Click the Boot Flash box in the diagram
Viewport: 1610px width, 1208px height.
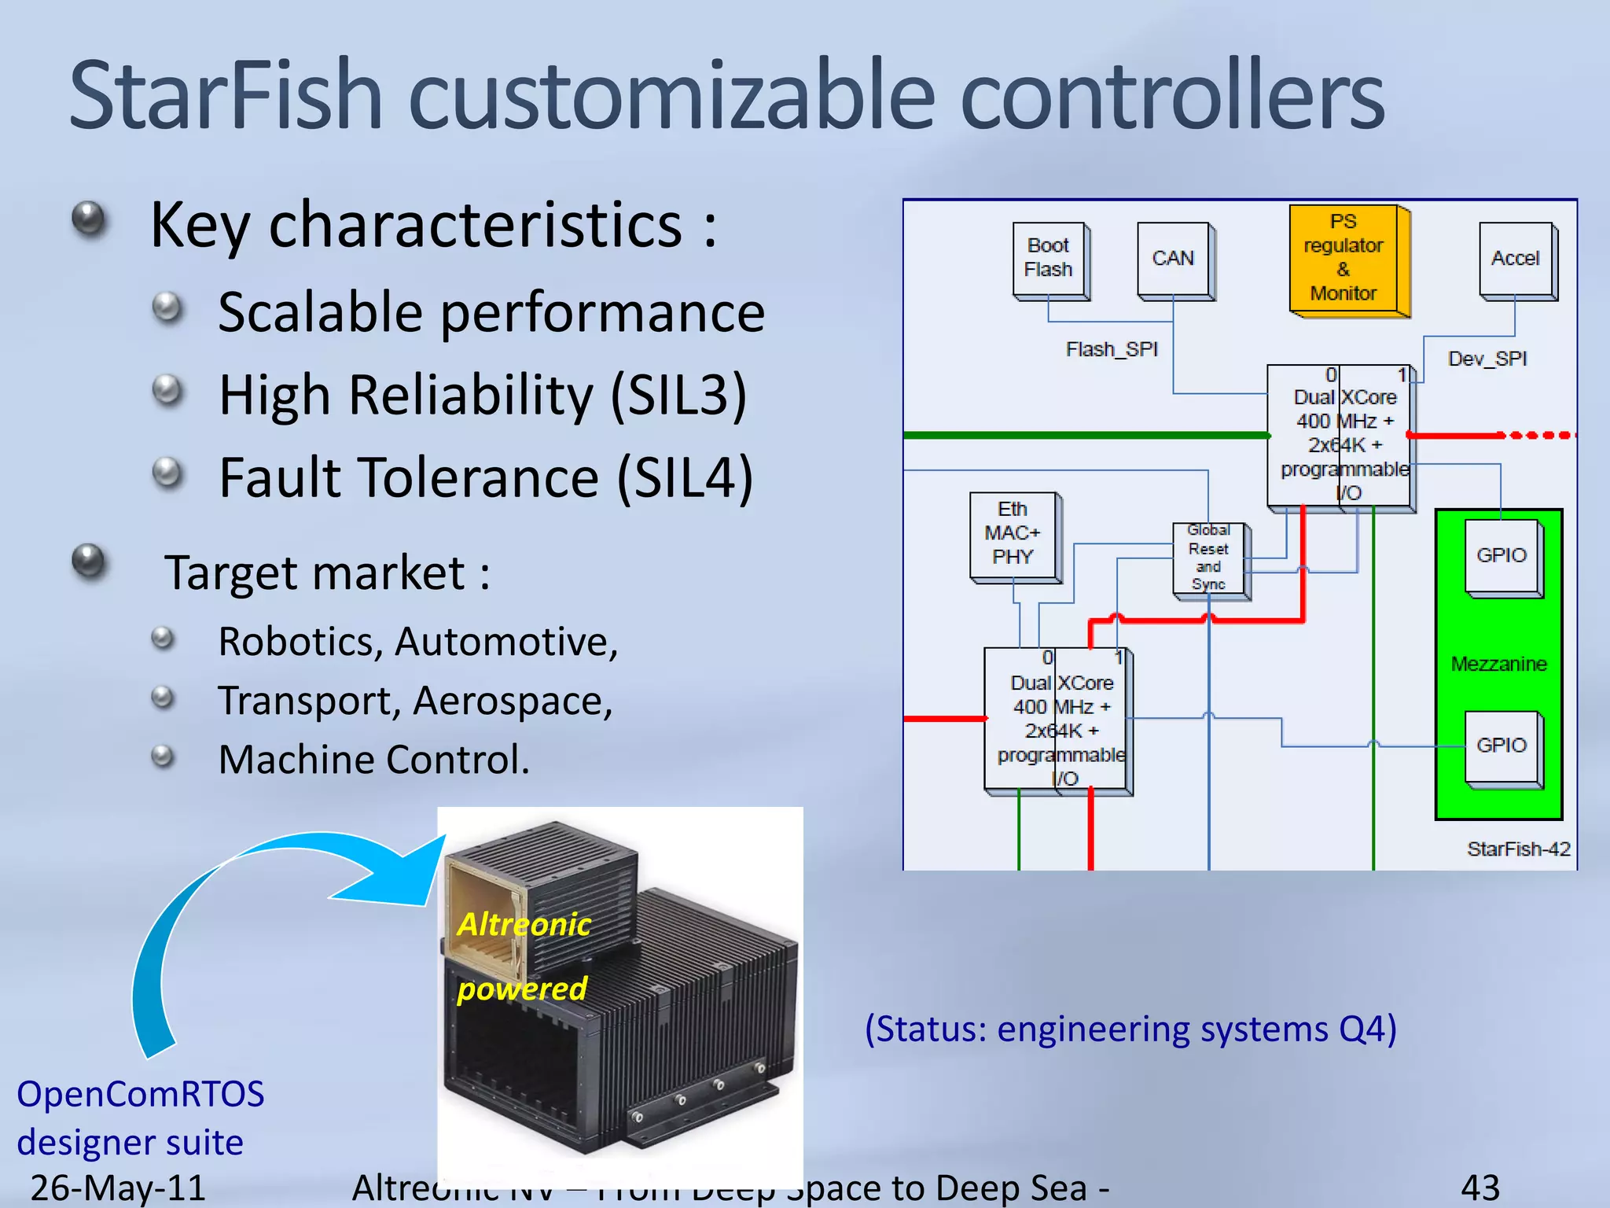point(1049,259)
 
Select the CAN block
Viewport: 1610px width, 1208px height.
point(1173,259)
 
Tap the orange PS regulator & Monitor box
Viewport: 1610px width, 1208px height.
point(1344,258)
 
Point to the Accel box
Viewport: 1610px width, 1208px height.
point(1515,259)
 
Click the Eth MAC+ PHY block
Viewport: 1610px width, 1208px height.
point(1013,534)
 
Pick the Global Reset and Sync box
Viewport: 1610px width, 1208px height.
point(1208,558)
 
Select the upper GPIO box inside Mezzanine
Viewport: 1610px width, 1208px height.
point(1501,555)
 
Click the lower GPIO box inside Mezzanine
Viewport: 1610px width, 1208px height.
point(1501,745)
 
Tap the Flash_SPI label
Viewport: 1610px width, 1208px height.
point(1112,349)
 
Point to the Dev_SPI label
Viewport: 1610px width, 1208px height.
point(1487,359)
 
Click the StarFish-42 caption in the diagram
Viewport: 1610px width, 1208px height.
point(1518,849)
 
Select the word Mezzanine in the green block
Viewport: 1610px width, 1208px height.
point(1498,664)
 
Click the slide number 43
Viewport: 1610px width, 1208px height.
point(1480,1188)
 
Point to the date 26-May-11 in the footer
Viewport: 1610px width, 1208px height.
point(118,1188)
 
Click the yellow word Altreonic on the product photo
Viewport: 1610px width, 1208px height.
point(524,924)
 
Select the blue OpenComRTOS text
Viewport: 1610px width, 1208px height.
point(141,1094)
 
